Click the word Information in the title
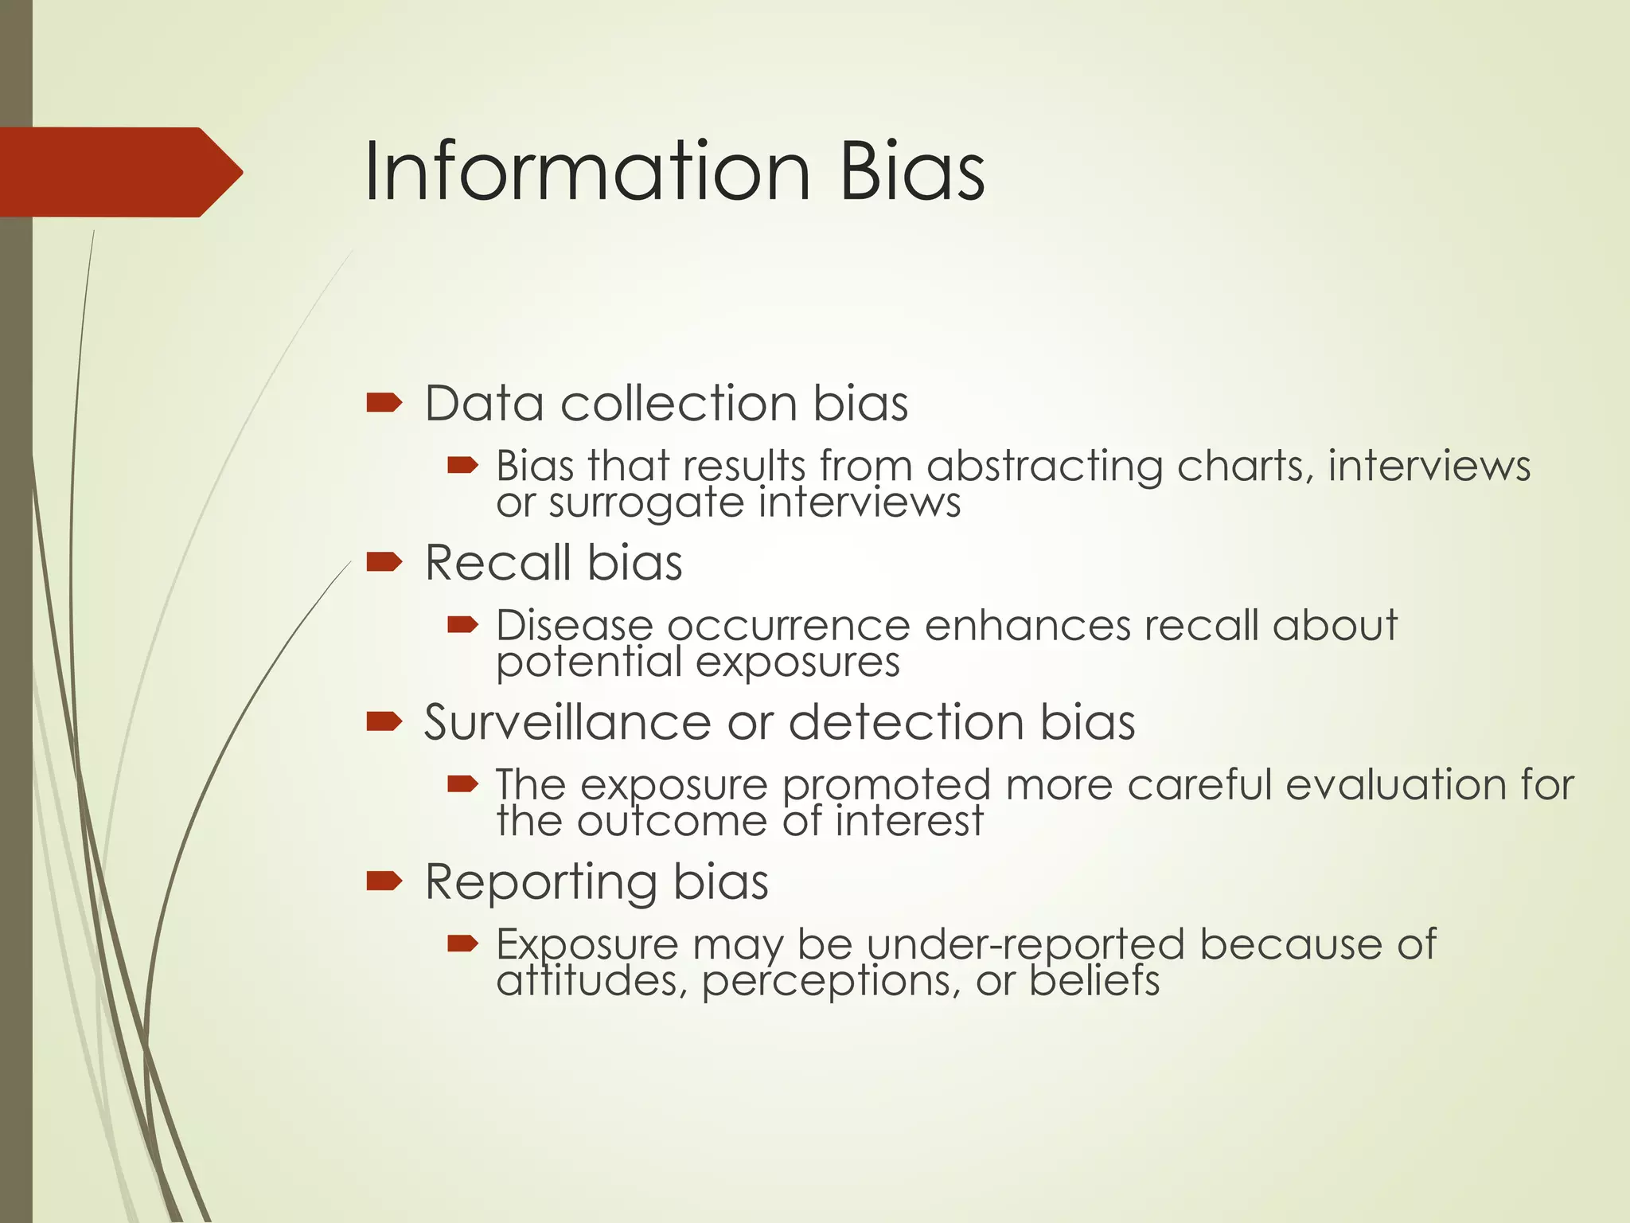[587, 171]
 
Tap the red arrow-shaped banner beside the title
[119, 172]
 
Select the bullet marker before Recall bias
[384, 563]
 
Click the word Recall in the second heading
[498, 563]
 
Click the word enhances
[1028, 626]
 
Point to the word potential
[589, 662]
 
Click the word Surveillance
[567, 723]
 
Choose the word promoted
[886, 787]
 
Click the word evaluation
[1395, 785]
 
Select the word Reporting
[541, 882]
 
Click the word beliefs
[1094, 981]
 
